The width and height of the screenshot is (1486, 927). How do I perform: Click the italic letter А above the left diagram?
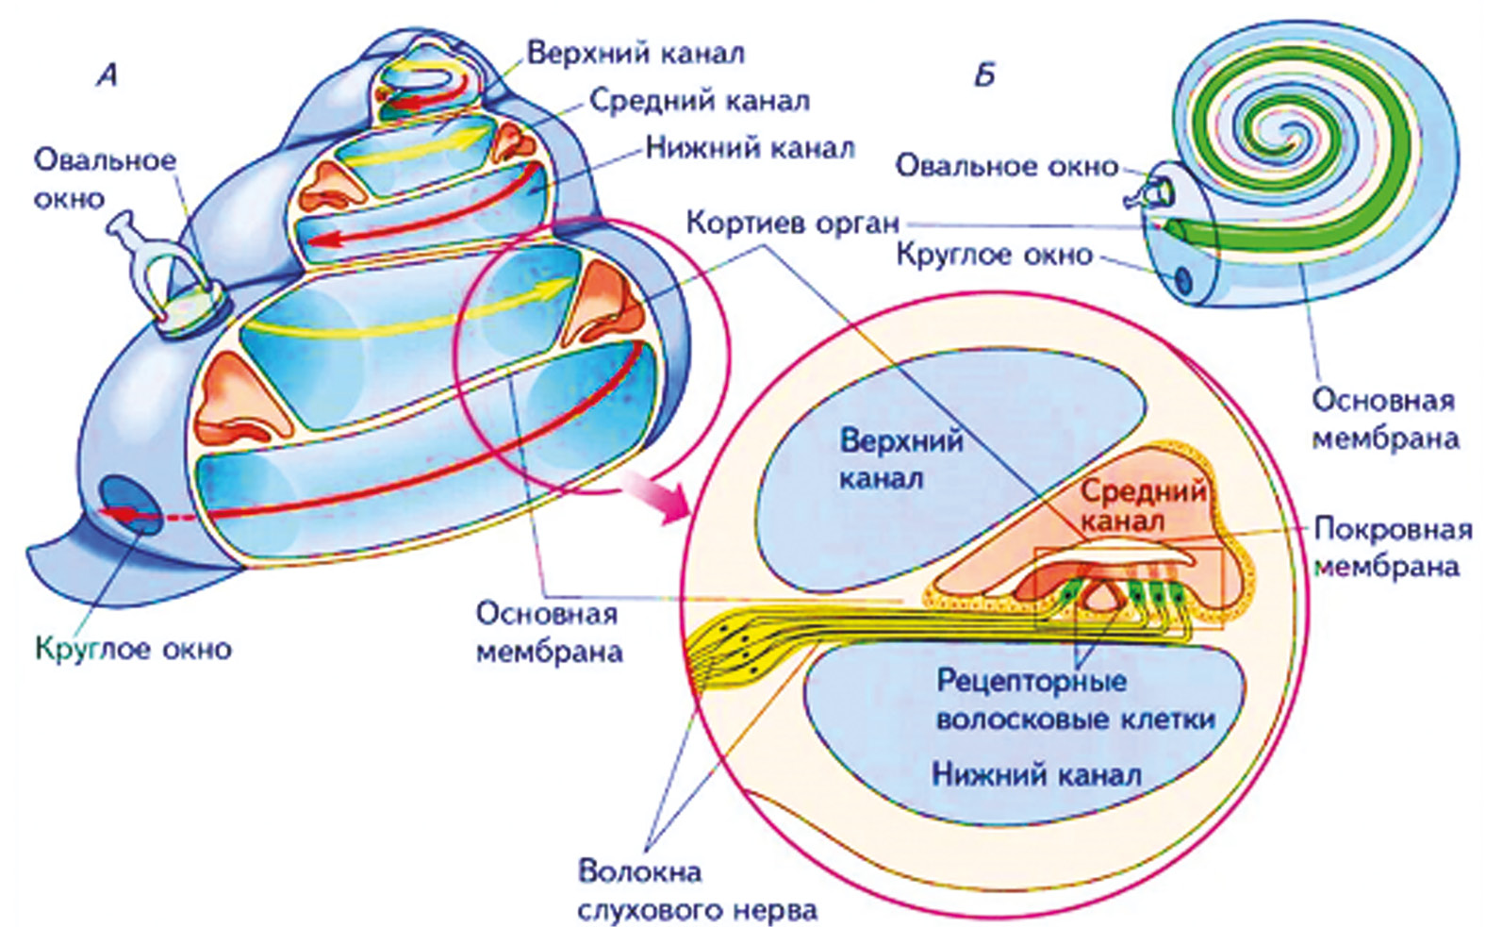click(107, 74)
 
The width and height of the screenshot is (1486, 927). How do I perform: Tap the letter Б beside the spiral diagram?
click(984, 74)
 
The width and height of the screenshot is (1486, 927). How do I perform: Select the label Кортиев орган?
click(792, 223)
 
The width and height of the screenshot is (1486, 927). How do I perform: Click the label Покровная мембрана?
click(1391, 547)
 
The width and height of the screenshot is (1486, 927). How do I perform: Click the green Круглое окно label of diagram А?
click(133, 649)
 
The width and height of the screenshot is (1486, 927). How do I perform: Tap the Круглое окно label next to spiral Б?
click(994, 255)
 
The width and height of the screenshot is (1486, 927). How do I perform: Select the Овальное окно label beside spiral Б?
click(1006, 166)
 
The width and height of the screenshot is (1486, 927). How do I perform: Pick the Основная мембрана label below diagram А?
click(548, 633)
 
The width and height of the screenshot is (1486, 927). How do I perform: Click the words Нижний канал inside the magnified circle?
click(1036, 775)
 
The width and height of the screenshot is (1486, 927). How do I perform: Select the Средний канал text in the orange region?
click(1141, 505)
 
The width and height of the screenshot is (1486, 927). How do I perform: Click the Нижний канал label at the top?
click(751, 148)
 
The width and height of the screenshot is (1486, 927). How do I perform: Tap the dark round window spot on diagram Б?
click(1182, 280)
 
